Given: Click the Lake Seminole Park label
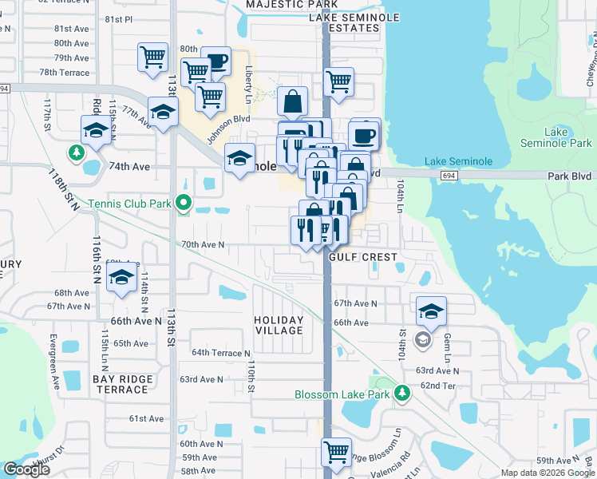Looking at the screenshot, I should coord(556,137).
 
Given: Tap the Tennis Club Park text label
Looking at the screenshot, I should coord(130,204).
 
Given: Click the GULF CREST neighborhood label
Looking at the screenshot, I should coord(363,257).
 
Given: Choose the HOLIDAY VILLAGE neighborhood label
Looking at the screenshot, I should coord(279,325).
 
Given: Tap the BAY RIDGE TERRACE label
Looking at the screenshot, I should coord(121,384).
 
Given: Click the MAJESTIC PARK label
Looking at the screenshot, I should coord(287,5).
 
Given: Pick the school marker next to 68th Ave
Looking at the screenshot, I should coord(121,278).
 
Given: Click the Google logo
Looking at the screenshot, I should coord(26,469).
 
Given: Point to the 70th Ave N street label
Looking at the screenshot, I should coord(203,244).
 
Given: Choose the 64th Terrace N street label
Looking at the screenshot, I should coord(220,352).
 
